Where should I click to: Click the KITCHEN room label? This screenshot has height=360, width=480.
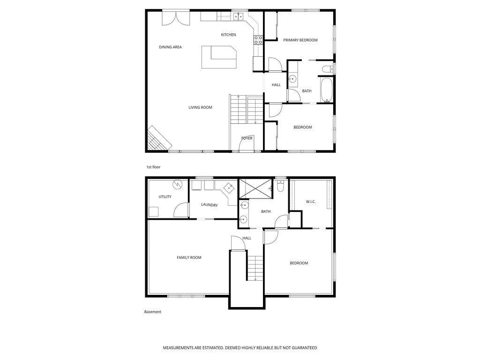tap(228, 35)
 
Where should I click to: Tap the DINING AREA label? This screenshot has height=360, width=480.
tap(170, 47)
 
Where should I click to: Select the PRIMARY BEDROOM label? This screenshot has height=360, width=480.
tap(300, 40)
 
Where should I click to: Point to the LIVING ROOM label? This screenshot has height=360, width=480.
tap(200, 107)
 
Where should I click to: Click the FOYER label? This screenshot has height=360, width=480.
tap(247, 138)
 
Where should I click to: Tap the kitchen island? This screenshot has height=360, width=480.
tap(219, 57)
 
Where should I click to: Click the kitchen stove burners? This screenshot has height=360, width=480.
tap(258, 40)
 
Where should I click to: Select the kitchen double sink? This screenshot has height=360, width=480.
tap(238, 16)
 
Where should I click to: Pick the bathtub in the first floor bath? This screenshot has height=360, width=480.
tap(327, 90)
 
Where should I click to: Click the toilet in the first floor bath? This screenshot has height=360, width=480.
tap(328, 69)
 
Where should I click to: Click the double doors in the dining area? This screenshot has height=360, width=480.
tap(176, 18)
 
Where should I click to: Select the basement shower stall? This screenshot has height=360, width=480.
tap(255, 189)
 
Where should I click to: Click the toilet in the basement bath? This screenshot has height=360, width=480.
tap(280, 186)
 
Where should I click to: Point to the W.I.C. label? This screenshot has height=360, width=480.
tap(311, 202)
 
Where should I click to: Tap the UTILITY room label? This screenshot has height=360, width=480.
tap(165, 197)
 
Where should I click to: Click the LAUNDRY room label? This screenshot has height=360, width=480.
tap(210, 205)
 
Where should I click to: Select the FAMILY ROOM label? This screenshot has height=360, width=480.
tap(189, 258)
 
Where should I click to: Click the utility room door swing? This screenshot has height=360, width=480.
tap(181, 210)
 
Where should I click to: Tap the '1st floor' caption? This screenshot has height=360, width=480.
tap(153, 167)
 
